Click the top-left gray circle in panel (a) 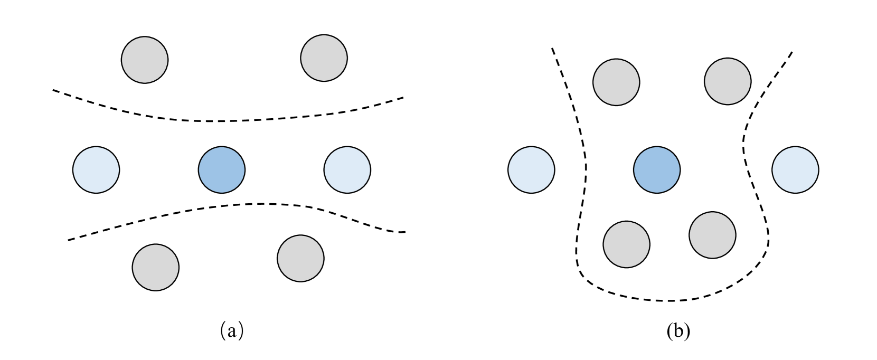pyautogui.click(x=145, y=59)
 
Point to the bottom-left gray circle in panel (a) pyautogui.click(x=155, y=267)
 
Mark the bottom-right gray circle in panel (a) pyautogui.click(x=300, y=259)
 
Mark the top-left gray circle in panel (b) pyautogui.click(x=616, y=82)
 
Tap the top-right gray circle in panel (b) pyautogui.click(x=728, y=81)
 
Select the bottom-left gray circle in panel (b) pyautogui.click(x=627, y=244)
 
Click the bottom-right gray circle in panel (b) pyautogui.click(x=713, y=235)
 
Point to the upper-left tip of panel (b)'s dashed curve pyautogui.click(x=552, y=49)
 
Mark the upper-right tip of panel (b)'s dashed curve pyautogui.click(x=792, y=52)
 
